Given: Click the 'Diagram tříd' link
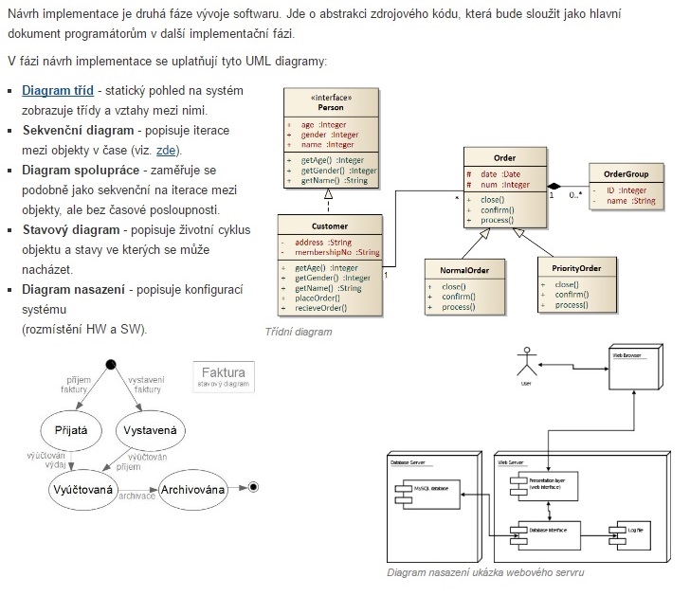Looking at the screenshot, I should (58, 90).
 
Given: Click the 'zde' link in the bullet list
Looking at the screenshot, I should (167, 150).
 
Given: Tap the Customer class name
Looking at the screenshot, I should (329, 226).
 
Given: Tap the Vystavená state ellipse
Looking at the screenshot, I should (150, 430).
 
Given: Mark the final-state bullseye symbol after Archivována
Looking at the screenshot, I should (252, 487).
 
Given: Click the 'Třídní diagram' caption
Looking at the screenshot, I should (299, 333).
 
